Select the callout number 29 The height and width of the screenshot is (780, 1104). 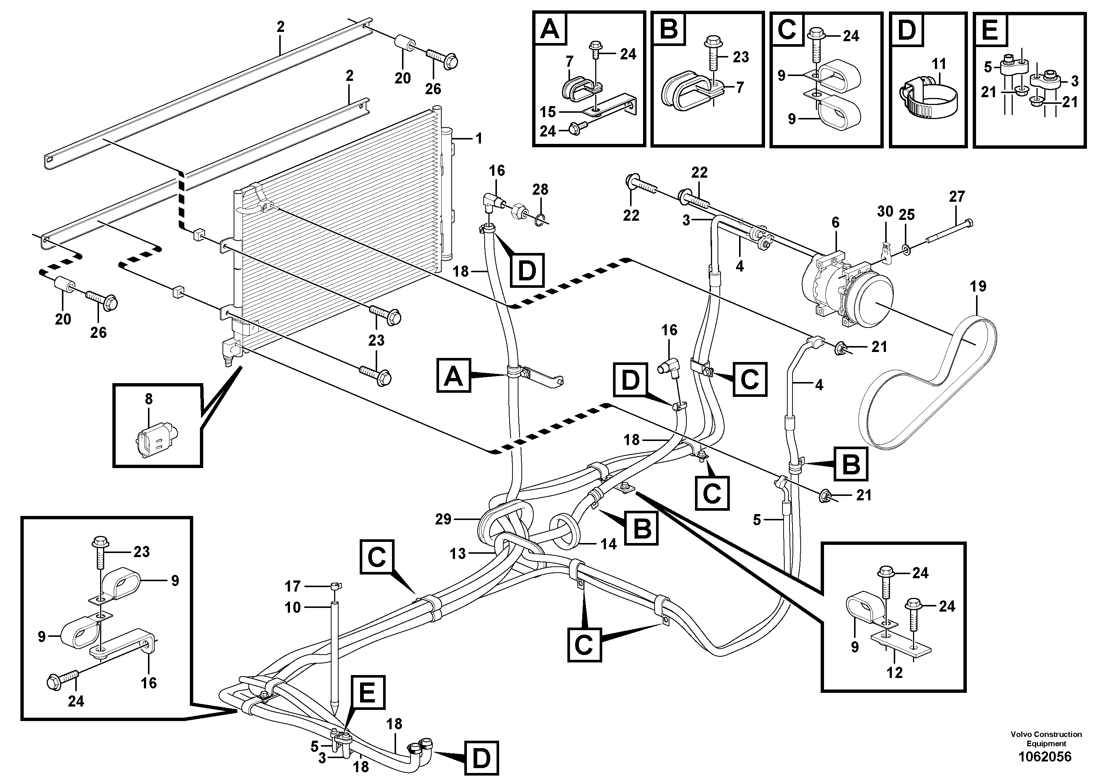(x=443, y=519)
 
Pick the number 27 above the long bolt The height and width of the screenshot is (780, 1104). (x=957, y=196)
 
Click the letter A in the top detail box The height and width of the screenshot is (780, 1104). (x=550, y=29)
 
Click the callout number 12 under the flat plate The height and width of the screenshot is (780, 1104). (x=894, y=672)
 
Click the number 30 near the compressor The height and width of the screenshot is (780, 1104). (x=885, y=211)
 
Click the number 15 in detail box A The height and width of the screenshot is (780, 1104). (x=548, y=112)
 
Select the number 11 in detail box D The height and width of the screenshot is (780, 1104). (x=939, y=64)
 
